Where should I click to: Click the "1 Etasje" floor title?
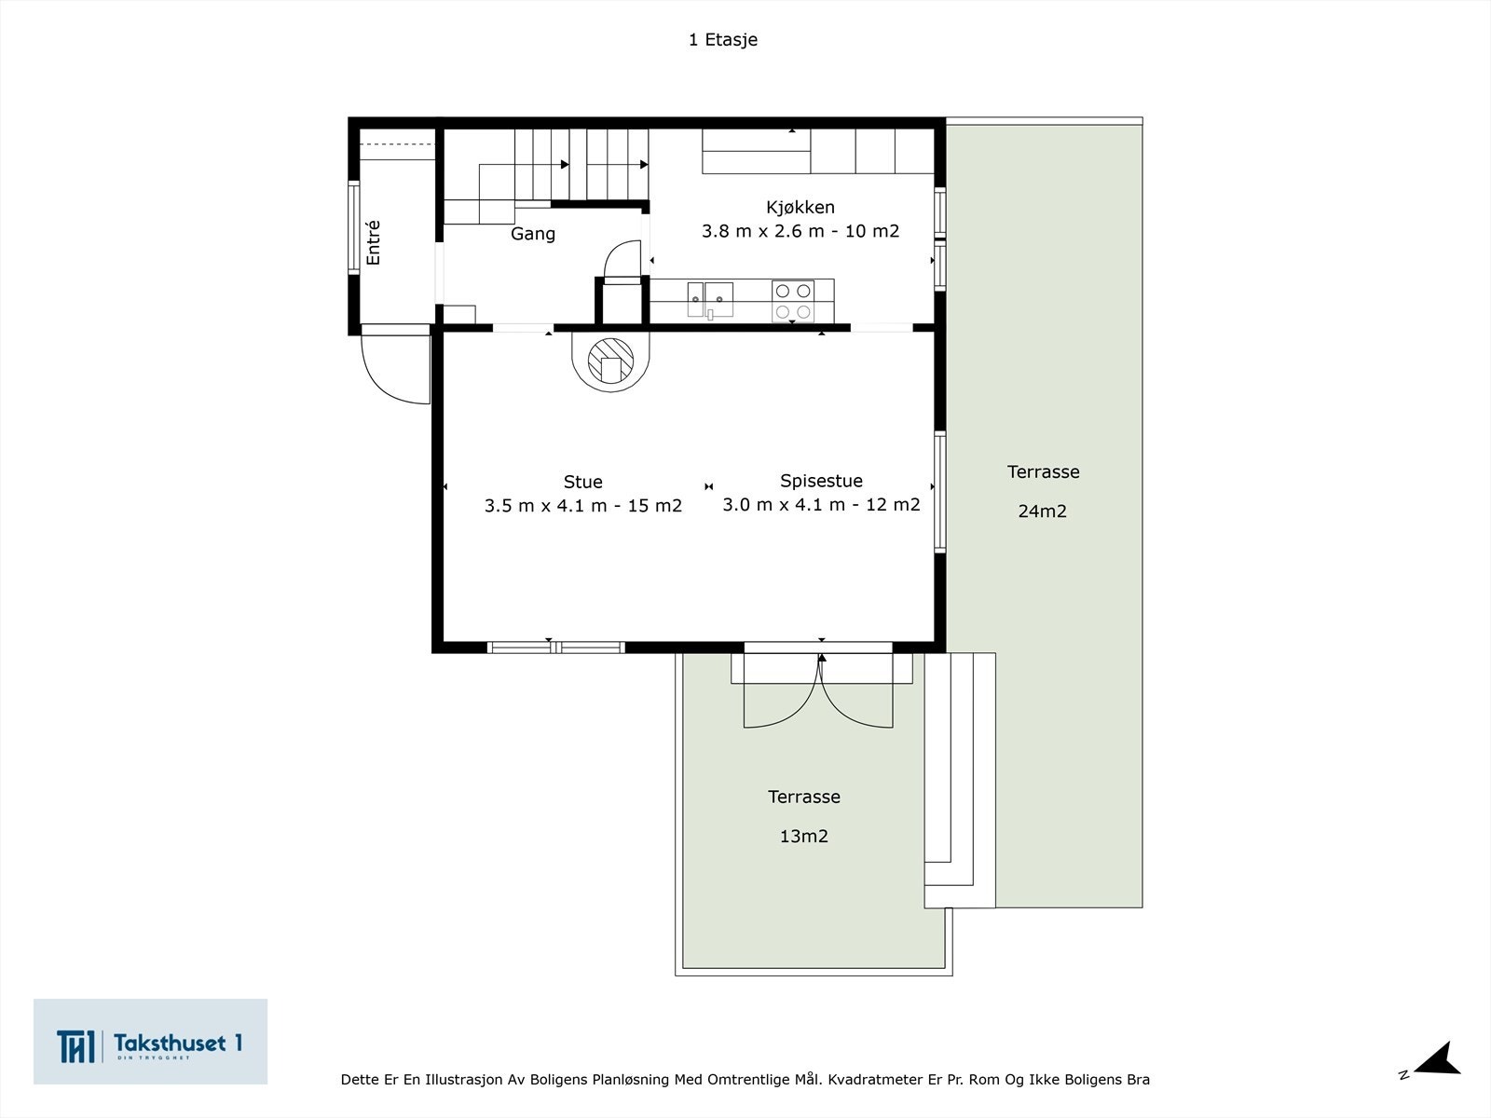pyautogui.click(x=723, y=40)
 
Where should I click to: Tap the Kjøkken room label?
pyautogui.click(x=800, y=208)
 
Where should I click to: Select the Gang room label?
pyautogui.click(x=533, y=234)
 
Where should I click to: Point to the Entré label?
pyautogui.click(x=373, y=242)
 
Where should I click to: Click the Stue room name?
pyautogui.click(x=582, y=482)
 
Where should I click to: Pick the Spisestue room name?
pyautogui.click(x=821, y=481)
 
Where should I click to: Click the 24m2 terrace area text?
pyautogui.click(x=1042, y=511)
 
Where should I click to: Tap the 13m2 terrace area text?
pyautogui.click(x=803, y=837)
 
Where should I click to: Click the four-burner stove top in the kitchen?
pyautogui.click(x=793, y=301)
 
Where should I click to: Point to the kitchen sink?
pyautogui.click(x=710, y=300)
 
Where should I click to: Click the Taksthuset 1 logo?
pyautogui.click(x=150, y=1042)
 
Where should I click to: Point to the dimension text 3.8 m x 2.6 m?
pyautogui.click(x=763, y=231)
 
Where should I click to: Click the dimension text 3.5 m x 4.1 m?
pyautogui.click(x=545, y=506)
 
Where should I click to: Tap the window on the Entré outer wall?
pyautogui.click(x=354, y=227)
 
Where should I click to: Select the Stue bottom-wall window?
pyautogui.click(x=555, y=648)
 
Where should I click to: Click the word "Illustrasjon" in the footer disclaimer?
pyautogui.click(x=464, y=1080)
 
